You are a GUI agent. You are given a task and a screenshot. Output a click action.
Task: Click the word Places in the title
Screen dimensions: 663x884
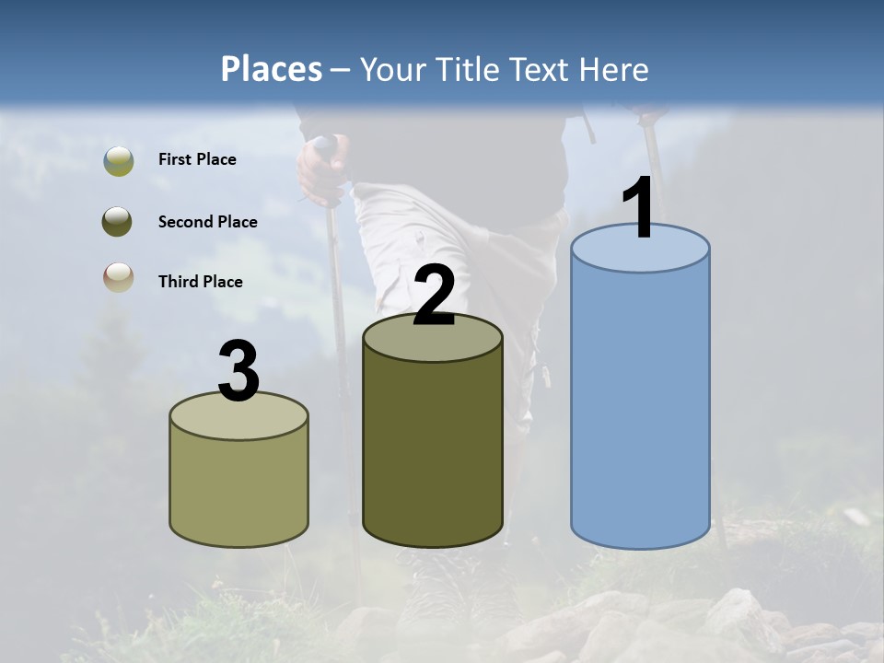tap(271, 69)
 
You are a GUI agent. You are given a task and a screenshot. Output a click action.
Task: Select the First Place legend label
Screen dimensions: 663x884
tap(197, 159)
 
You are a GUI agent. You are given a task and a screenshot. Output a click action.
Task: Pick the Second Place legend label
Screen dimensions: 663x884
tap(207, 221)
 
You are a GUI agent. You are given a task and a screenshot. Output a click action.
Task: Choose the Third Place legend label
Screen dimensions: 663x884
tap(200, 282)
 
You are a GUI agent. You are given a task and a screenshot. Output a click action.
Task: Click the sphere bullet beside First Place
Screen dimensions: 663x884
tap(119, 160)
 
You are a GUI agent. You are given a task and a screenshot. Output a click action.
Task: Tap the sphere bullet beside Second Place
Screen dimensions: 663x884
tap(119, 221)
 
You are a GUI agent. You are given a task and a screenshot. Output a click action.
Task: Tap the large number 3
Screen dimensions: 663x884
tap(238, 371)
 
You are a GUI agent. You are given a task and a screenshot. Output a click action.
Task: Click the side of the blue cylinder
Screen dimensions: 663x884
tap(640, 405)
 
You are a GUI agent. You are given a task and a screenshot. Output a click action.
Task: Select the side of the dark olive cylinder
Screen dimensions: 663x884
tap(433, 451)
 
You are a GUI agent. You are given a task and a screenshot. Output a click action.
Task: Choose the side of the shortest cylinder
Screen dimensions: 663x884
tap(238, 488)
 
